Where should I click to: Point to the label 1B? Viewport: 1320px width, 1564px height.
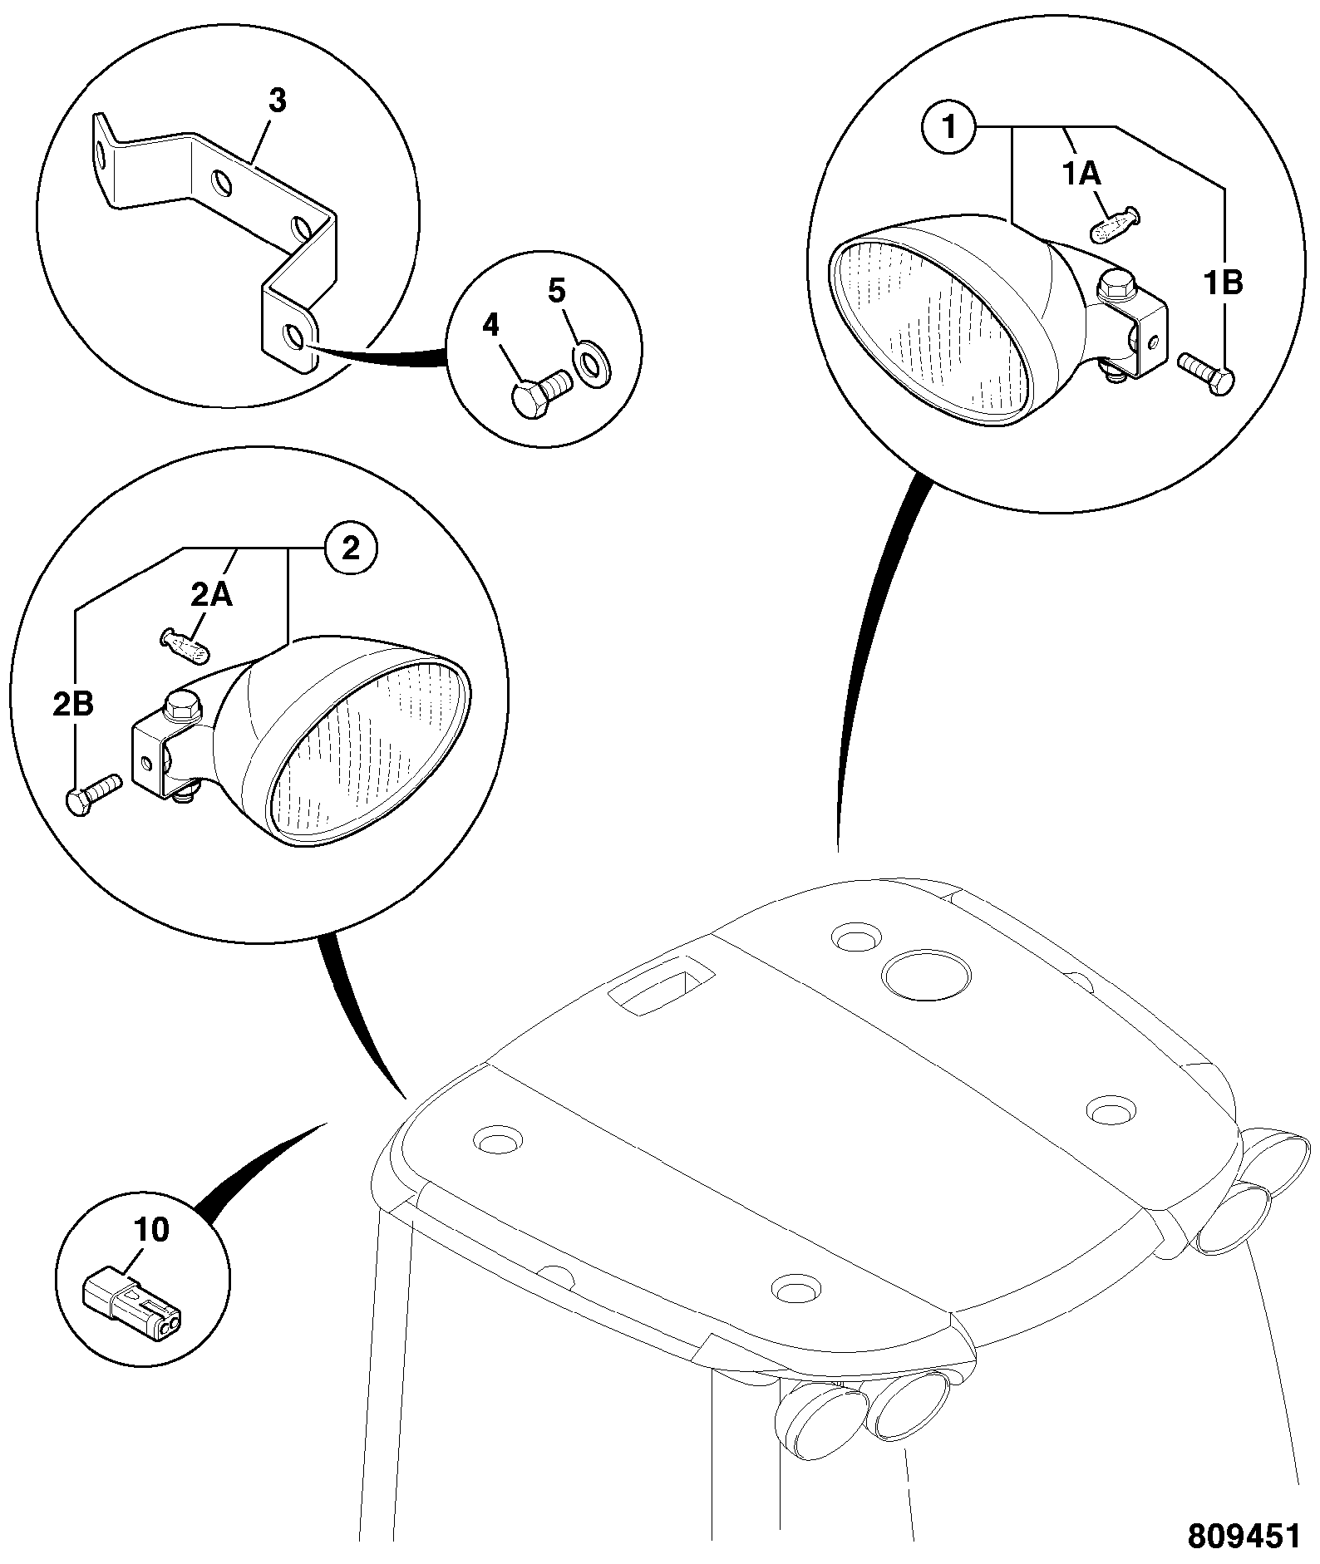click(1224, 283)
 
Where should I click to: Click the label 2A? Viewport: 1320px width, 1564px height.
click(212, 596)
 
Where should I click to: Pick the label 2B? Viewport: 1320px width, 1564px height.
click(73, 705)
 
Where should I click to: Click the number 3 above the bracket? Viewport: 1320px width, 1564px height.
click(278, 101)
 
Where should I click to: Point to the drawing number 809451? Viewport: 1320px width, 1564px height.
click(1243, 1536)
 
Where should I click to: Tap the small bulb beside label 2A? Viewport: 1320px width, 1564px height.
click(185, 646)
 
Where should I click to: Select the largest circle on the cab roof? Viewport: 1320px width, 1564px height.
click(925, 974)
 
